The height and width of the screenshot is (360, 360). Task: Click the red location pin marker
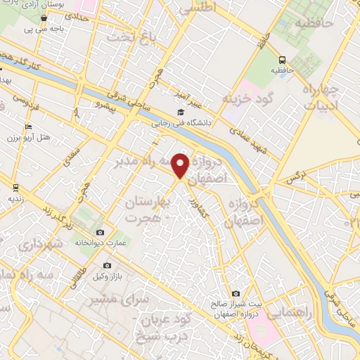click(181, 165)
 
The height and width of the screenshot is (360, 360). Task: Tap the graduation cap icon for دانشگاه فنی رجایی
click(181, 112)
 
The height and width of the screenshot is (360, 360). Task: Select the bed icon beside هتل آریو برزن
click(28, 127)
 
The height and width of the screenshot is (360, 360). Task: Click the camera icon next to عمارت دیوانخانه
click(100, 233)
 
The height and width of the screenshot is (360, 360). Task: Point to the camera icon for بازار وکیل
click(107, 265)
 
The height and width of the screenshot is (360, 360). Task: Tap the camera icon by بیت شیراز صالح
click(236, 293)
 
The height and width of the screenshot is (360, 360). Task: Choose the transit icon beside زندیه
click(15, 188)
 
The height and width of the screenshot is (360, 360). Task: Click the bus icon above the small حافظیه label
click(282, 60)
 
